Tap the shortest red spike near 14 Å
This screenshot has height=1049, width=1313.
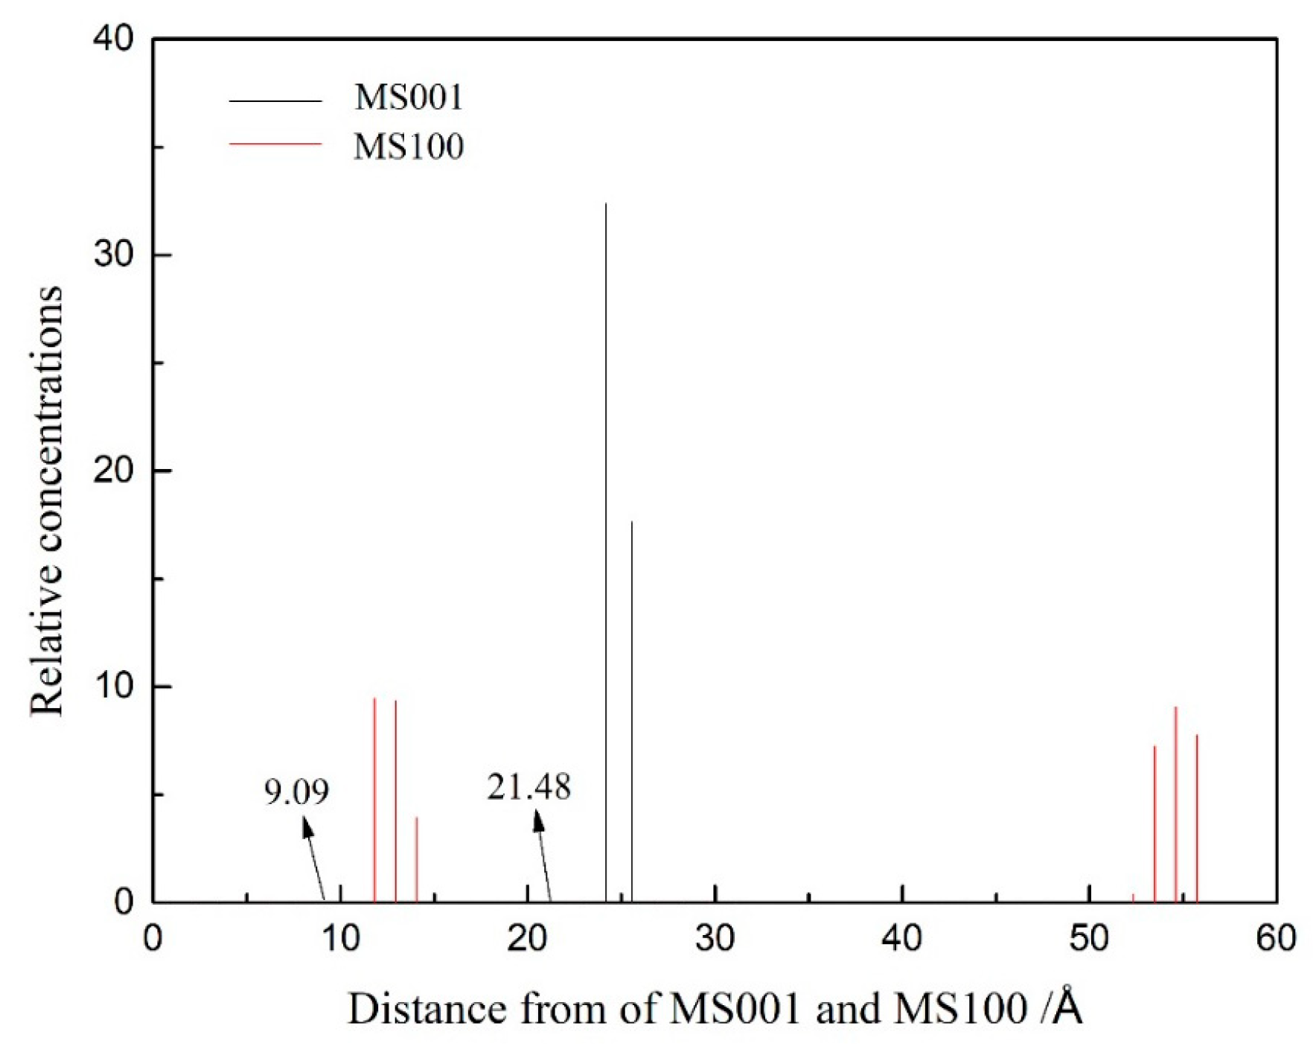417,860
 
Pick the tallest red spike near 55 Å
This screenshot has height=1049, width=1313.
1175,804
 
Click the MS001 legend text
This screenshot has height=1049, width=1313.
409,98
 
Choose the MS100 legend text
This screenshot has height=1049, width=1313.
409,146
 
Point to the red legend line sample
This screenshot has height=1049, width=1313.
275,144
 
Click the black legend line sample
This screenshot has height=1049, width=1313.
275,101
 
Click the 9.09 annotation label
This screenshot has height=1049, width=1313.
296,791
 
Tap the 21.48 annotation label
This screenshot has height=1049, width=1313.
528,787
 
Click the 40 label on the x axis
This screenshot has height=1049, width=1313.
902,940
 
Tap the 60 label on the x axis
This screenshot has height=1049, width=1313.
1276,940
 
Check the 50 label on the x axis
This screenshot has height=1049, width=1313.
1089,940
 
